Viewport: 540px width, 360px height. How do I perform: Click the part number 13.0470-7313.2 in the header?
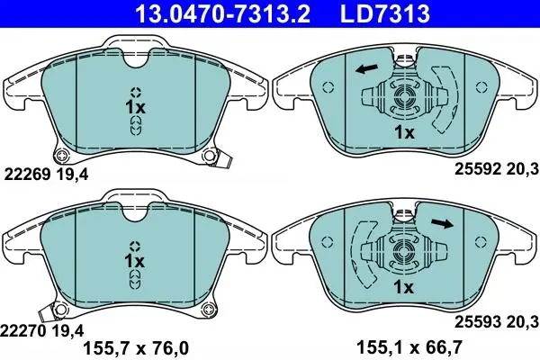click(223, 13)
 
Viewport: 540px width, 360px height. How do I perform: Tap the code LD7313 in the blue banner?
click(385, 13)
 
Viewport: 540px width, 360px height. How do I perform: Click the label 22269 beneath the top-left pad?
click(27, 175)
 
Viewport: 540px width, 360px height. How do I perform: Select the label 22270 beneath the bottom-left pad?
click(22, 331)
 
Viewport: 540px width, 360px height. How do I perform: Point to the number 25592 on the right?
click(478, 169)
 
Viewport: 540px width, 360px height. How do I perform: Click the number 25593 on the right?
click(478, 322)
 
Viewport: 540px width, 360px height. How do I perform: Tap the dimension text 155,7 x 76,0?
click(137, 348)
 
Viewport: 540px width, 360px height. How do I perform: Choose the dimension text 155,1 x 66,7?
click(409, 346)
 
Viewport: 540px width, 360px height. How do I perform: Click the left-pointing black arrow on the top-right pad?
click(367, 68)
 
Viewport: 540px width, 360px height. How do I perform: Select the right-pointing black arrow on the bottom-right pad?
click(443, 223)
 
